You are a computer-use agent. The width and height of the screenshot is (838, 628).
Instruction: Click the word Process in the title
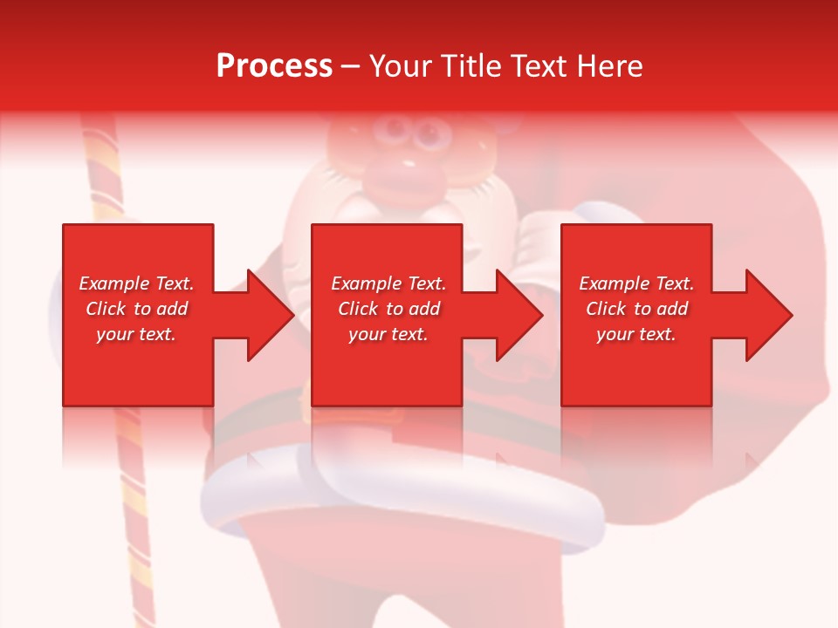[x=274, y=65]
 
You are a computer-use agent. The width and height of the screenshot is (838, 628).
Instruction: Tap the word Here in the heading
[x=611, y=65]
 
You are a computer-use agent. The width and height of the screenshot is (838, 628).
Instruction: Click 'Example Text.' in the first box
[x=136, y=283]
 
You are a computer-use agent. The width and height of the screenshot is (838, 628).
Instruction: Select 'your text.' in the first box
[x=136, y=334]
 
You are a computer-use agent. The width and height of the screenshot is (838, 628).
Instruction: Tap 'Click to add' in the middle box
[x=388, y=309]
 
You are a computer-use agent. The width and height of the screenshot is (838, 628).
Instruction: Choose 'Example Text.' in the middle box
[x=388, y=283]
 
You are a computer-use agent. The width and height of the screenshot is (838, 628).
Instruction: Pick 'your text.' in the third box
[x=636, y=334]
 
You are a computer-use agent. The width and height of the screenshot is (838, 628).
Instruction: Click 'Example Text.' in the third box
[x=636, y=283]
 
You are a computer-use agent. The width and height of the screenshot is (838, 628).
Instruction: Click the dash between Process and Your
[x=351, y=66]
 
